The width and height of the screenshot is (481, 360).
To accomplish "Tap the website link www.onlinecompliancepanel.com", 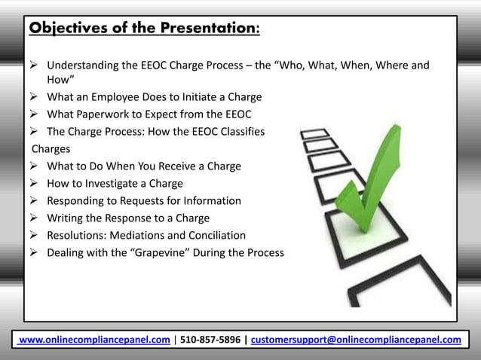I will [x=94, y=340].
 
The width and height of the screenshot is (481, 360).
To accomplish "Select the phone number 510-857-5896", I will [x=210, y=340].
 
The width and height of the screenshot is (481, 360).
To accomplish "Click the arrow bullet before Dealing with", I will [x=35, y=253].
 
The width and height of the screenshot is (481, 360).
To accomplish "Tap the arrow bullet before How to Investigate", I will [x=35, y=183].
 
